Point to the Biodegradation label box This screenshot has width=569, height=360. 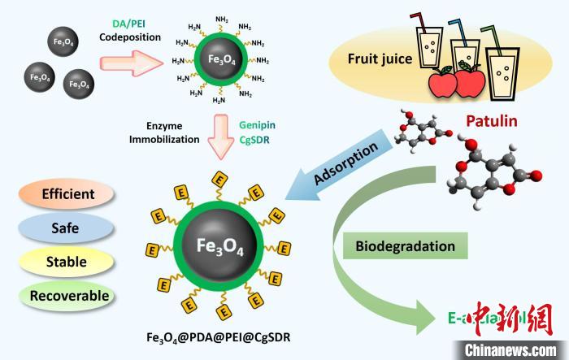405,245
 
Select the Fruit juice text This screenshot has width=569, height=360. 380,59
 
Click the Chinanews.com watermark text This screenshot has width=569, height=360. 504,349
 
